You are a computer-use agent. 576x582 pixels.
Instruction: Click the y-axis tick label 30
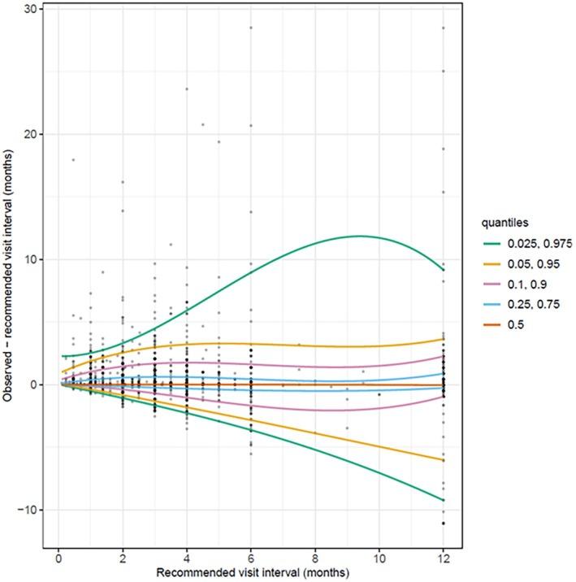point(27,8)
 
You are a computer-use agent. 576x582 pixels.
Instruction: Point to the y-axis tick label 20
point(27,134)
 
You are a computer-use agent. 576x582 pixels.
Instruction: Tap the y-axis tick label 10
point(27,259)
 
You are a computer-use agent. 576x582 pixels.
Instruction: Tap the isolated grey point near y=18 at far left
point(73,160)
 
